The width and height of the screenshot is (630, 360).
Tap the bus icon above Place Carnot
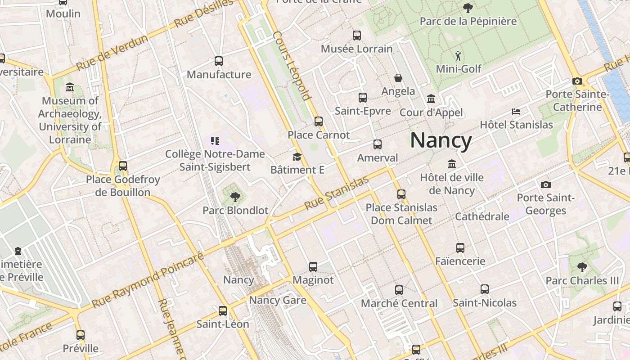point(319,121)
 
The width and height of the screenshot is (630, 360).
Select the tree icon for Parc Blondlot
point(235,197)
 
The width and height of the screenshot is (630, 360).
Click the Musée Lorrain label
point(356,49)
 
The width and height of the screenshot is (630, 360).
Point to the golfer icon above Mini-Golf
point(458,56)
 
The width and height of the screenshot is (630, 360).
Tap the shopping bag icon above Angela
point(398,78)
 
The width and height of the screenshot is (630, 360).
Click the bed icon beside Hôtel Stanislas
point(516,111)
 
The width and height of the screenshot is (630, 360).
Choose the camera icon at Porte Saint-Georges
point(546,184)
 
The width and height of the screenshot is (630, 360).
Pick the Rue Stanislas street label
point(337,193)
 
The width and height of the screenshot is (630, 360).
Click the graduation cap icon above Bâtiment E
point(297,157)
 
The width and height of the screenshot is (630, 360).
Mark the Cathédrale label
point(482,216)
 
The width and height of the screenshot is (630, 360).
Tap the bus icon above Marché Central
point(399,290)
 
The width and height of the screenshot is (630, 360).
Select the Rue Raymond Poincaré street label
point(148,280)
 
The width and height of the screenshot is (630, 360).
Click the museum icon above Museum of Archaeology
point(70,87)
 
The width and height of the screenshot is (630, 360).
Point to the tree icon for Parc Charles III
point(582,267)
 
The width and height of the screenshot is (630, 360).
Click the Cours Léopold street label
point(292,66)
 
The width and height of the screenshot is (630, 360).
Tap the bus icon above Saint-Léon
point(222,310)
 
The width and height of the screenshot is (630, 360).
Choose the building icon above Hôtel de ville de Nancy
point(452,164)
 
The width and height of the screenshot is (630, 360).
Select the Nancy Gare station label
point(278,300)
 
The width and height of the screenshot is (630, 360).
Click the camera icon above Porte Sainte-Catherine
point(577,81)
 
